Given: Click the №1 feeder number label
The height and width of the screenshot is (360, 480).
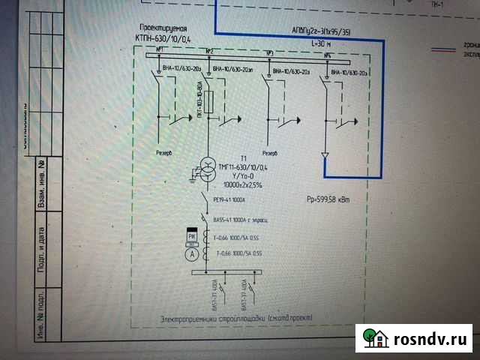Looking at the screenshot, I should (x=160, y=50).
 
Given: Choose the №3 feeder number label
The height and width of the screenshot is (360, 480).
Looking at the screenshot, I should (x=269, y=53).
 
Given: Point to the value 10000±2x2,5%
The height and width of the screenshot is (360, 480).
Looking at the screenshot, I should (x=245, y=184).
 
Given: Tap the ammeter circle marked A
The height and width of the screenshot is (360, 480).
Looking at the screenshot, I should (x=190, y=254).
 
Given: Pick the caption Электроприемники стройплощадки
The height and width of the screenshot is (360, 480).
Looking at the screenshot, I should (x=237, y=319).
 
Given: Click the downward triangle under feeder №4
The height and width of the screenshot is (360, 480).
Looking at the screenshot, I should (x=325, y=155).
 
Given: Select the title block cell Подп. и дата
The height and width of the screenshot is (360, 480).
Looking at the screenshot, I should (x=41, y=239).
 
